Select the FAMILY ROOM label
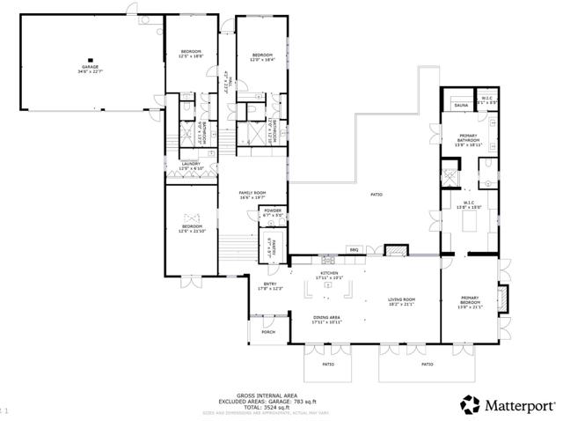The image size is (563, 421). point(252,195)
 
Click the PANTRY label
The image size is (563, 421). point(273,246)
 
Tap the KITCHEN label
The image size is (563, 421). point(330,275)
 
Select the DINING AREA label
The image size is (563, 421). point(327,319)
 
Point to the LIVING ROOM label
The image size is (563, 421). point(402,301)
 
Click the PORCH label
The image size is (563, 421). point(268,332)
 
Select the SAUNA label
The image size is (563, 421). point(460,106)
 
